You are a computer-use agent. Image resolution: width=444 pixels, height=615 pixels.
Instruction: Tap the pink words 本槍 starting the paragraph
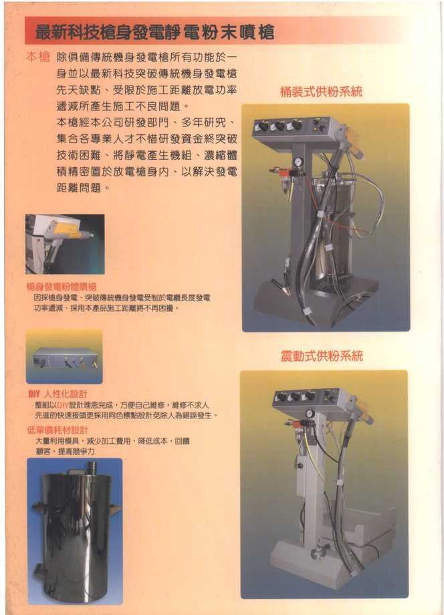tap(37, 57)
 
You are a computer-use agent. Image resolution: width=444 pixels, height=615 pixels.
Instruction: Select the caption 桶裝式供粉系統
tap(320, 92)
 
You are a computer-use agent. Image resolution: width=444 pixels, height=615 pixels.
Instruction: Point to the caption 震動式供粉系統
tap(321, 356)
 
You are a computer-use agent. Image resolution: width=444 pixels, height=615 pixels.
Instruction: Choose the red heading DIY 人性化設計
tap(57, 394)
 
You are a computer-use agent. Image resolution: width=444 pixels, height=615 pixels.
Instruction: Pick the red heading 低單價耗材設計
tap(57, 430)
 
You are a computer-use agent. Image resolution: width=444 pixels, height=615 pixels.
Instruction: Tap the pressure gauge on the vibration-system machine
tap(310, 414)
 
